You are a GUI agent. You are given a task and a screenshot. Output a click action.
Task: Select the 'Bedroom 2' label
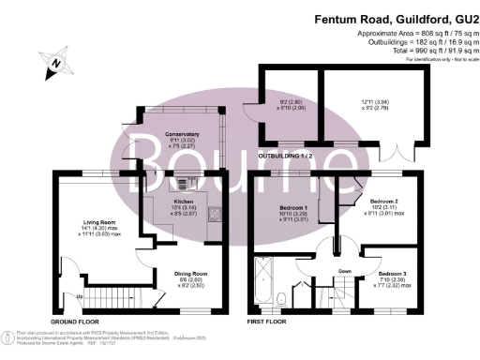tap(383, 202)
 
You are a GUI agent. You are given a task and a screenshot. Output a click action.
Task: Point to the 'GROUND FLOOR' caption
tap(76, 321)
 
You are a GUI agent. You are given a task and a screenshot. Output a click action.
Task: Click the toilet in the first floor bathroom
tap(282, 302)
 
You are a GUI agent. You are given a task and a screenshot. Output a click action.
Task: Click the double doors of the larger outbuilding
tap(398, 152)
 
